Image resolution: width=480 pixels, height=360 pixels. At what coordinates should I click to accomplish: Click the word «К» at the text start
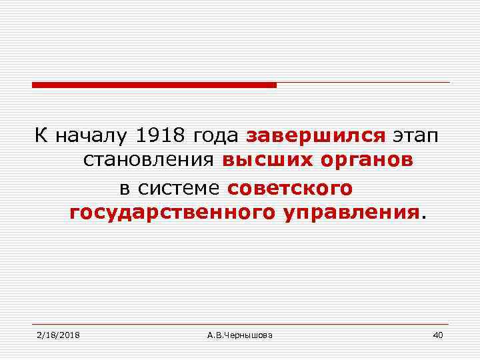41,136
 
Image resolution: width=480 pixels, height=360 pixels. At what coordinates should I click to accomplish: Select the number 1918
161,136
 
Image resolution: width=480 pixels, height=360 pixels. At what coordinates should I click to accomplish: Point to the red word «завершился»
316,137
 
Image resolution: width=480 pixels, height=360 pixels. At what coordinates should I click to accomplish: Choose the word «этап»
415,137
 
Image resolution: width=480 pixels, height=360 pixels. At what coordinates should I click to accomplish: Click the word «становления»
149,162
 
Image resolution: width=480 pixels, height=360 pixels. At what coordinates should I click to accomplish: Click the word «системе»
180,188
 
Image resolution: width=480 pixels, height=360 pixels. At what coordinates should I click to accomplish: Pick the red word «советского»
289,188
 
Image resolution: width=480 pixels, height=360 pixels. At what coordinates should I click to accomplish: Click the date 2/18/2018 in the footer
59,334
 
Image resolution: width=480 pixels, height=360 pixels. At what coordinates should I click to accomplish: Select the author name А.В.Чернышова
239,334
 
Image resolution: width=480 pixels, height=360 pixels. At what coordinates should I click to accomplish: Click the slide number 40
437,334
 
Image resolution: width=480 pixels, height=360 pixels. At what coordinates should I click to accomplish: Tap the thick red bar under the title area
154,85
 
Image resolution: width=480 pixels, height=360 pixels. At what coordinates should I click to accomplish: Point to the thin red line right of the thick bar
363,83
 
